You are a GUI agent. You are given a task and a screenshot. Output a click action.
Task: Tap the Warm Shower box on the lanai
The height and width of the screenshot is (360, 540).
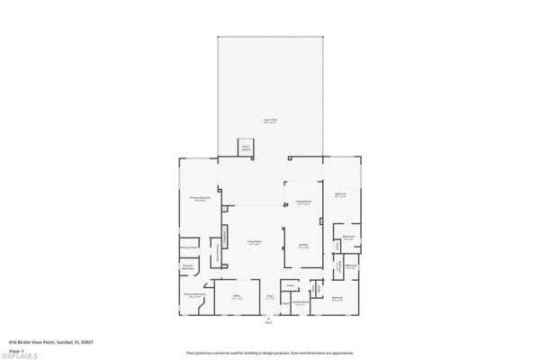(244, 149)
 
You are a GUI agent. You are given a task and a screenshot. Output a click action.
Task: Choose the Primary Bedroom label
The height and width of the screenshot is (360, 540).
(199, 198)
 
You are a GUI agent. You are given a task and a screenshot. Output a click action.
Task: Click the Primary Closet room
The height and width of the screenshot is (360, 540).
(188, 247)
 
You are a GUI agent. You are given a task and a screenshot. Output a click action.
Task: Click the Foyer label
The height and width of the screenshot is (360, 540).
(268, 297)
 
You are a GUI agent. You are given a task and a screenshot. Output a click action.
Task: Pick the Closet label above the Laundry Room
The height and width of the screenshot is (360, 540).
(290, 286)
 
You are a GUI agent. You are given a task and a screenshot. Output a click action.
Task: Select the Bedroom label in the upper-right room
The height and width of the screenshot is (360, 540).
(340, 194)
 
